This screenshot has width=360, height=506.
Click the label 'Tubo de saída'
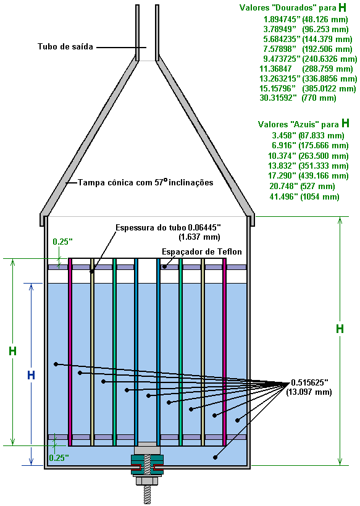[65, 47]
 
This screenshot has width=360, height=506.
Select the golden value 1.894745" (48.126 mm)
[306, 20]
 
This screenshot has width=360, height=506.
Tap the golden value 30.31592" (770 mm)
[298, 98]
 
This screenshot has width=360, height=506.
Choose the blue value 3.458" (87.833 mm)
[308, 135]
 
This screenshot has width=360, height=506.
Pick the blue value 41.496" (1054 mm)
[304, 196]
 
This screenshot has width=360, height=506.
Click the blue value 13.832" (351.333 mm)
[308, 166]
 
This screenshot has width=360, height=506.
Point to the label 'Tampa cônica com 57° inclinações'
[146, 182]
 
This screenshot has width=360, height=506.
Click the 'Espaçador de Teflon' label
[202, 251]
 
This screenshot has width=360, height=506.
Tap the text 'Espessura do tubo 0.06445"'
[168, 227]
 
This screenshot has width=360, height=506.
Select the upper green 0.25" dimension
[62, 242]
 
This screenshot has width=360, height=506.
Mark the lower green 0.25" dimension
[59, 458]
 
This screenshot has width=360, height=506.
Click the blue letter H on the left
[31, 375]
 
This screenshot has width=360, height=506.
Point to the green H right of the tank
[340, 329]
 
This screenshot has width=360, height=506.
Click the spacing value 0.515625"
[309, 382]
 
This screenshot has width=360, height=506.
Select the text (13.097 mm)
[309, 392]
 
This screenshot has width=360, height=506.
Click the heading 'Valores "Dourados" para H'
[293, 7]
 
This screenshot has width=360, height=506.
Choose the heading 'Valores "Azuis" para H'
[304, 124]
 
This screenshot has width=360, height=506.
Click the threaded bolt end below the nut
[148, 494]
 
